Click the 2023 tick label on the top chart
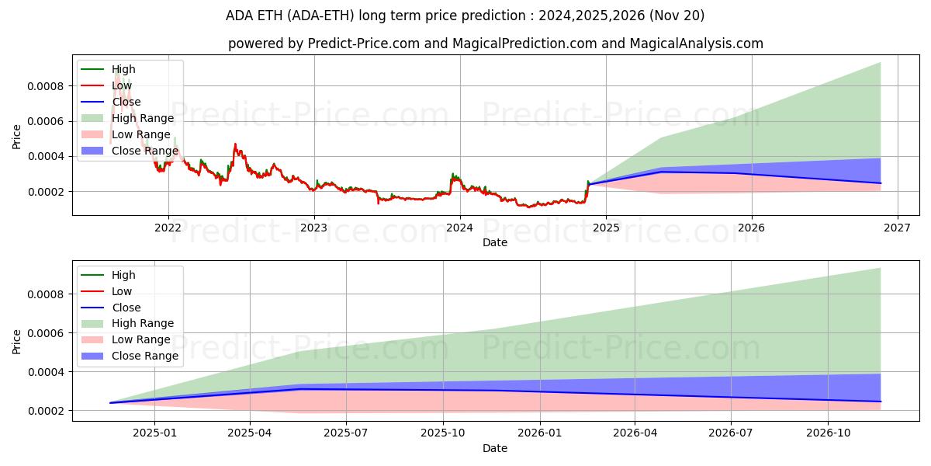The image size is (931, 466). click(x=314, y=228)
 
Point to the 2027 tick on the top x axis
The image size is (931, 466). click(x=898, y=228)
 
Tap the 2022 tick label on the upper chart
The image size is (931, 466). click(x=168, y=228)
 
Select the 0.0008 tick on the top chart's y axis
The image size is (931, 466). click(x=46, y=85)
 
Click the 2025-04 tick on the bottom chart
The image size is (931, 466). click(x=250, y=433)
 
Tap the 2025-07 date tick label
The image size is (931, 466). click(x=346, y=433)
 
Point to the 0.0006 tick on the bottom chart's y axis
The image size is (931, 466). click(x=46, y=333)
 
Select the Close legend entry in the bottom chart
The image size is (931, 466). click(x=126, y=308)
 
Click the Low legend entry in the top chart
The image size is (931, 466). click(x=121, y=85)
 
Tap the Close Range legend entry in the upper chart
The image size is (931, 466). click(x=144, y=151)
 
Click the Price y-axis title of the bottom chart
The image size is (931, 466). click(x=17, y=341)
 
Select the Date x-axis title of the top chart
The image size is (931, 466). click(x=495, y=242)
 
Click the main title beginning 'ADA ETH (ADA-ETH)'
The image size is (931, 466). click(x=465, y=16)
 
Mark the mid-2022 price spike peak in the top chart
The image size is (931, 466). click(x=235, y=144)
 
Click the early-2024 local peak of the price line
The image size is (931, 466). click(x=453, y=174)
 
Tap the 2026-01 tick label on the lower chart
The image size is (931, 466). click(x=539, y=433)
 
